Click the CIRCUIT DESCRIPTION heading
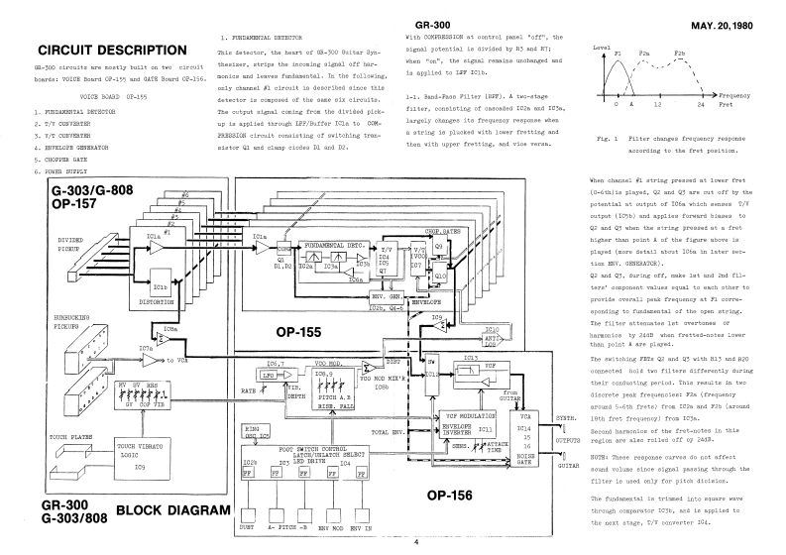[110, 51]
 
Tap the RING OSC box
[258, 433]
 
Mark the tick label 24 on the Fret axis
[702, 103]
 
